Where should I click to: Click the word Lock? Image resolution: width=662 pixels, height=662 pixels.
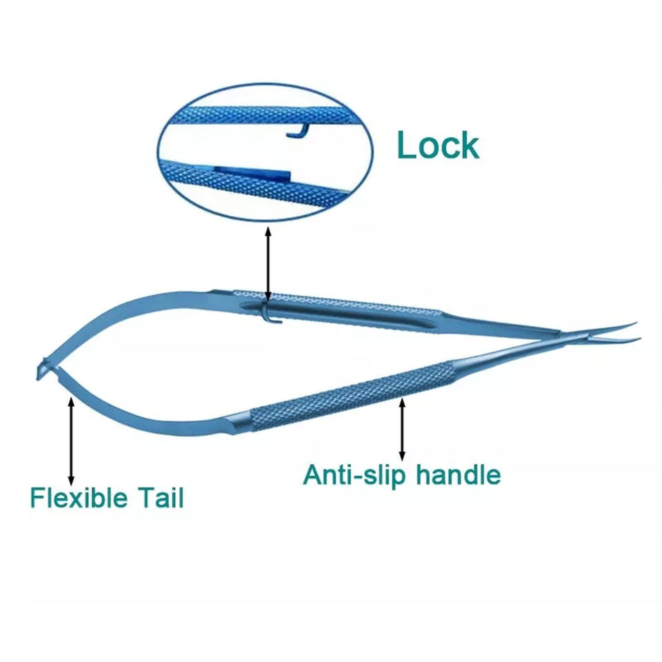coord(437,145)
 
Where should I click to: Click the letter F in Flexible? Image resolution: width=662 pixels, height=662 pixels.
coord(37,497)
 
